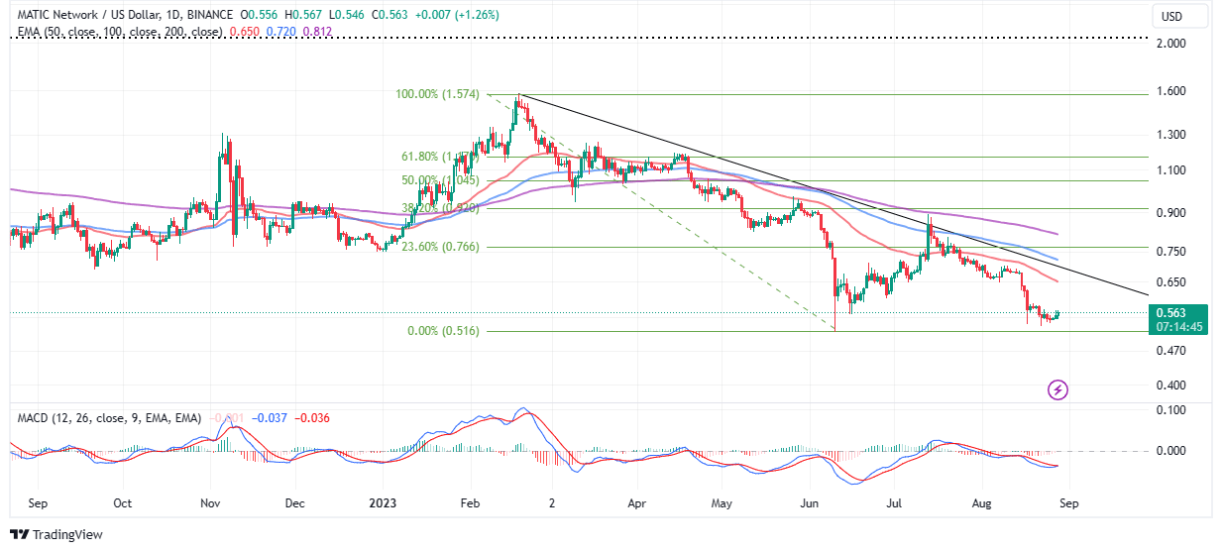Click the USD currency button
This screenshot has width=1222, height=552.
pos(1171,16)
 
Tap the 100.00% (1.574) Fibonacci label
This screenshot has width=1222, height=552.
pos(437,95)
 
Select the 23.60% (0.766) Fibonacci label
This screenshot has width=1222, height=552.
pos(438,247)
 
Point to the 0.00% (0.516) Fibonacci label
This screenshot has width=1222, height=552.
pos(443,331)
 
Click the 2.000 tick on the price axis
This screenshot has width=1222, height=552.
pos(1171,44)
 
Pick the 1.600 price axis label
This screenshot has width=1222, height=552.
pos(1171,92)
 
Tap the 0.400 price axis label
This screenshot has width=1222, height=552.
pos(1171,386)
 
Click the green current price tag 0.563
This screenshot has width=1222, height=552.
pos(1179,312)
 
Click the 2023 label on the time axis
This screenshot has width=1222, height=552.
pos(383,503)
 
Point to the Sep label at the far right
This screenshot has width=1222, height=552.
pos(1067,503)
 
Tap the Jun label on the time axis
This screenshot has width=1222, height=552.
pos(810,503)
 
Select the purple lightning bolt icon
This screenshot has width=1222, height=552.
pos(1057,389)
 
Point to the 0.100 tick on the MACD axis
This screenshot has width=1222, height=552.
pos(1171,409)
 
